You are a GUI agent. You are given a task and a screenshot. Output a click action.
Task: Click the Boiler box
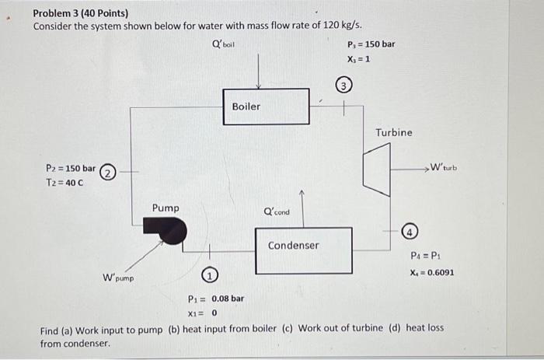click(246, 107)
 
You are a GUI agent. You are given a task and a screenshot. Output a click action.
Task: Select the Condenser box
click(293, 250)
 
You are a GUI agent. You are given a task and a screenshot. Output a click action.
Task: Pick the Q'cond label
click(277, 211)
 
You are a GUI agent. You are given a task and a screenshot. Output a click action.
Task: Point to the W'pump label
click(118, 277)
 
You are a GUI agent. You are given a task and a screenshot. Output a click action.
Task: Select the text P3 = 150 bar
click(371, 44)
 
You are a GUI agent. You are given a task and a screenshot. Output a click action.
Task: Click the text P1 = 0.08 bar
click(216, 298)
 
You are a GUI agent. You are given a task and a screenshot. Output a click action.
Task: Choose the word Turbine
click(394, 132)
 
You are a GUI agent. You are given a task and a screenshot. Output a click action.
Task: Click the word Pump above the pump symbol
click(166, 208)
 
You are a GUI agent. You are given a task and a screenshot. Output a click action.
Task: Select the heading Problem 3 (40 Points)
click(81, 13)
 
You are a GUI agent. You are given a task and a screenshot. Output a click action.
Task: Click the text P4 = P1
click(424, 256)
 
